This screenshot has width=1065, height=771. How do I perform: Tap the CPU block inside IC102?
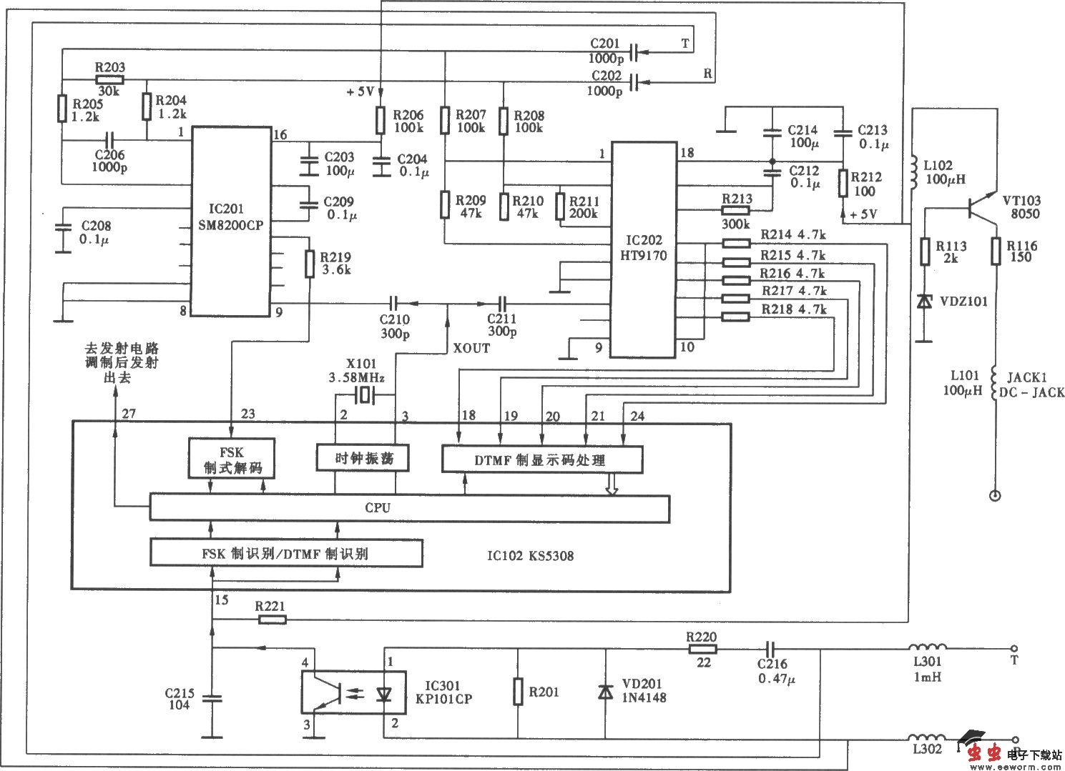409,508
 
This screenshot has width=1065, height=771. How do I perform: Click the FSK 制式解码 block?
232,458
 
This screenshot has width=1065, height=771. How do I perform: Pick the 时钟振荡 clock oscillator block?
363,457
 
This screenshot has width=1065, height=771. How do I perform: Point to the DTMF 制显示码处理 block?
541,459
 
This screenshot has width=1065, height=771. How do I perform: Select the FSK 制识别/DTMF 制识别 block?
285,553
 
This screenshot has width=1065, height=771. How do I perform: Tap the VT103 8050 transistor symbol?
980,207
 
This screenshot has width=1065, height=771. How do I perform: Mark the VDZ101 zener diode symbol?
925,302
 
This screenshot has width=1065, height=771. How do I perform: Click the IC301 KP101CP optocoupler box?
353,692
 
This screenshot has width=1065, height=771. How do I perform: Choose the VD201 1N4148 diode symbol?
606,692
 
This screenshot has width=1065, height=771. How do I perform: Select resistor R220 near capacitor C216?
702,650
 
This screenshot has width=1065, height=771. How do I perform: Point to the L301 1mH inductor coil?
928,650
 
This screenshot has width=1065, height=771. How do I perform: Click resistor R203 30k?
109,79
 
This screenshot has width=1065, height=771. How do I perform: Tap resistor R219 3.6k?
310,264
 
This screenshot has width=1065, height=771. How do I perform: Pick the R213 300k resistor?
735,210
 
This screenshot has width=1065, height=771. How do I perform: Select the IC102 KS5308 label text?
530,555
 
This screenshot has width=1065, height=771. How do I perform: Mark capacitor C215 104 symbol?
212,698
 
